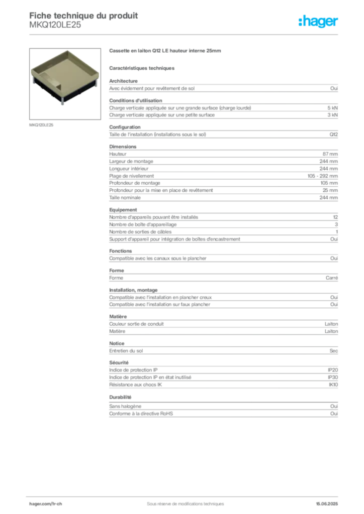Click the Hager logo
pos(318,21)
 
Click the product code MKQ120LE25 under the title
pos(55,25)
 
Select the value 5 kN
pos(332,108)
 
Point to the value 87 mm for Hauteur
pos(330,154)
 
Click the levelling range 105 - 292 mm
pos(323,176)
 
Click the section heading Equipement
pos(123,210)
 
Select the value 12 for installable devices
pos(335,217)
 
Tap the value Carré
pos(332,278)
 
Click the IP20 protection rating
pos(333,370)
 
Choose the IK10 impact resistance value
pos(333,385)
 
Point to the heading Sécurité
pos(119,362)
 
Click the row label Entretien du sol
pos(126,351)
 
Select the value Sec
pos(334,351)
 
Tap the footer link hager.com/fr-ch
pos(46,504)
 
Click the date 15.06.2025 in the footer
pos(327,504)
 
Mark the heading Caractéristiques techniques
pos(142,68)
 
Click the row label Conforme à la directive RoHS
pos(141,414)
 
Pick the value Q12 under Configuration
pos(334,135)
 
